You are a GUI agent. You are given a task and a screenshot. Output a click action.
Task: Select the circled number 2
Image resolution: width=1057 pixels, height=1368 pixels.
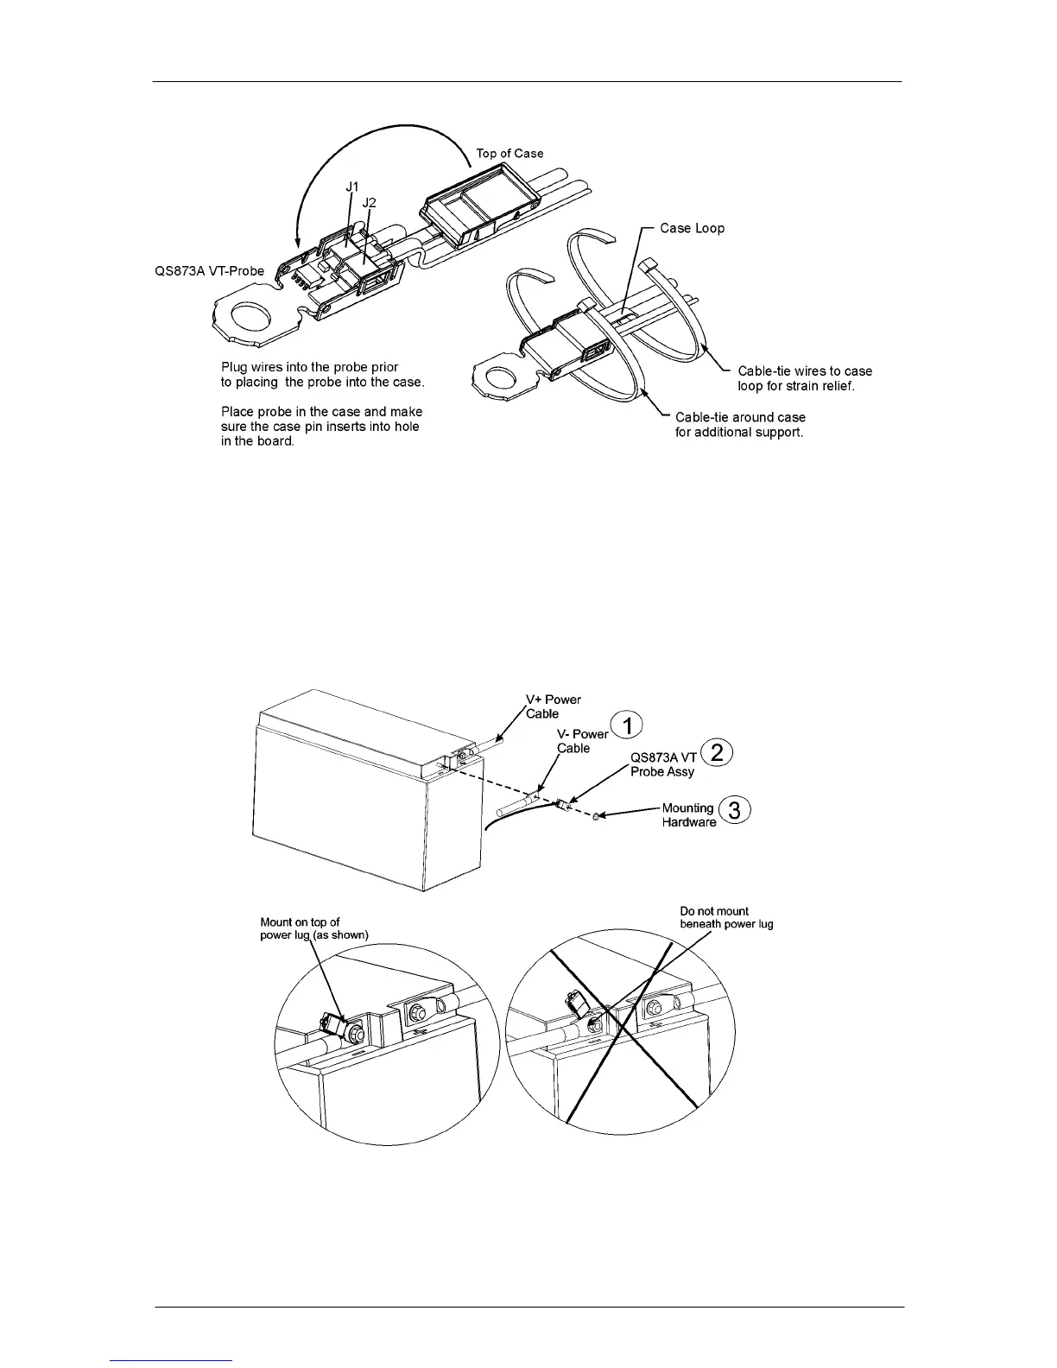tap(717, 752)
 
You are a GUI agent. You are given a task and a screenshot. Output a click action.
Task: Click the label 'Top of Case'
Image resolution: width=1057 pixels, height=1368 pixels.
tap(510, 153)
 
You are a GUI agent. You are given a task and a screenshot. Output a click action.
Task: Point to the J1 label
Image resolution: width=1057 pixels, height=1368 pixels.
tap(352, 186)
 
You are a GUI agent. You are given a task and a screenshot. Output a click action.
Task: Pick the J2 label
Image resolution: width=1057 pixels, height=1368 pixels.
tap(369, 202)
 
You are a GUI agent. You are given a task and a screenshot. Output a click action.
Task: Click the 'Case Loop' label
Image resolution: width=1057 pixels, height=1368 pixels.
tap(692, 228)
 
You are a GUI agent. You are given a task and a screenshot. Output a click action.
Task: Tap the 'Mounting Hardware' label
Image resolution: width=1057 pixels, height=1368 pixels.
tap(688, 815)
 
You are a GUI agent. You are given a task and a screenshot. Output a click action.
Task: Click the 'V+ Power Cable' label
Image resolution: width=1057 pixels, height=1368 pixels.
tap(554, 706)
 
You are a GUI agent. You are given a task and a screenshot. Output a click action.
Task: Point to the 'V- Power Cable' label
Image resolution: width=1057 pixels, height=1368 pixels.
tap(582, 741)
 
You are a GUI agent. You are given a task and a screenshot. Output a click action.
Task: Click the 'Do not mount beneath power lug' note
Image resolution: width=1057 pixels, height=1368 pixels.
tap(726, 917)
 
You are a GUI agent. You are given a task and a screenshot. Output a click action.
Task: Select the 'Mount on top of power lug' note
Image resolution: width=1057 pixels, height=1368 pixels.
tap(313, 928)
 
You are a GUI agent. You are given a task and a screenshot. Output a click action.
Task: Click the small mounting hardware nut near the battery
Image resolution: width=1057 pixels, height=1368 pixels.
tap(596, 816)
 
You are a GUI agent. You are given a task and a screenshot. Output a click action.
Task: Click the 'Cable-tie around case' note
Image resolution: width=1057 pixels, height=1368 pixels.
tap(739, 424)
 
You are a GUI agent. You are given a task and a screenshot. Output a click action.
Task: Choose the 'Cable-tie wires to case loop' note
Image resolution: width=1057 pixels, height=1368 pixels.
tap(804, 378)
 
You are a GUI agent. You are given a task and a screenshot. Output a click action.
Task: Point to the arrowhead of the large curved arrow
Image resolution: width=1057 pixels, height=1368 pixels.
tap(296, 248)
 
